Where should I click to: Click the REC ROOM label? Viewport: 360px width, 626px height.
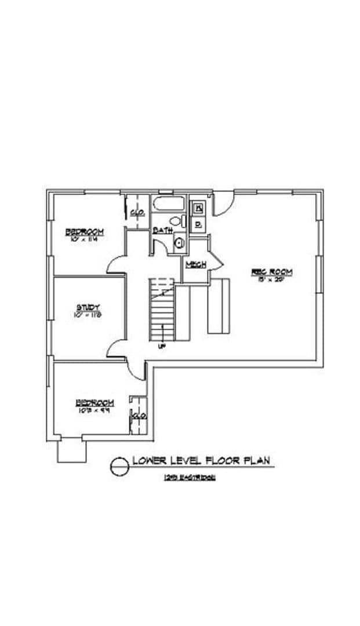click(x=271, y=271)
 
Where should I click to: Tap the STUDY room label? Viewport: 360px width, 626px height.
click(x=89, y=307)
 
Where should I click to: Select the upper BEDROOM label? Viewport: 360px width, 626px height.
click(x=84, y=231)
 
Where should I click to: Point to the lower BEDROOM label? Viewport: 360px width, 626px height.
click(x=94, y=403)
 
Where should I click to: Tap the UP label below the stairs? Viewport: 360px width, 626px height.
click(x=162, y=346)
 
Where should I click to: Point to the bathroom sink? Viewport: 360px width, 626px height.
click(x=179, y=243)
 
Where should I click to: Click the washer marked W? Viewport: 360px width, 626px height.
click(x=198, y=207)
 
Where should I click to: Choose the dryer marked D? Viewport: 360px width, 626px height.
click(x=198, y=223)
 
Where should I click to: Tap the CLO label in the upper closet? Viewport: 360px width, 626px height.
click(x=138, y=213)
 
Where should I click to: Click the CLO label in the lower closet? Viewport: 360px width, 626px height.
click(x=139, y=416)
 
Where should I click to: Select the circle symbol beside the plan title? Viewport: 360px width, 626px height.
click(x=119, y=465)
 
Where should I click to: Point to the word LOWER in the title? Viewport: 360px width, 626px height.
click(x=150, y=461)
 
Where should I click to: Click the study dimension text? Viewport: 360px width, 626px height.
click(x=88, y=315)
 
